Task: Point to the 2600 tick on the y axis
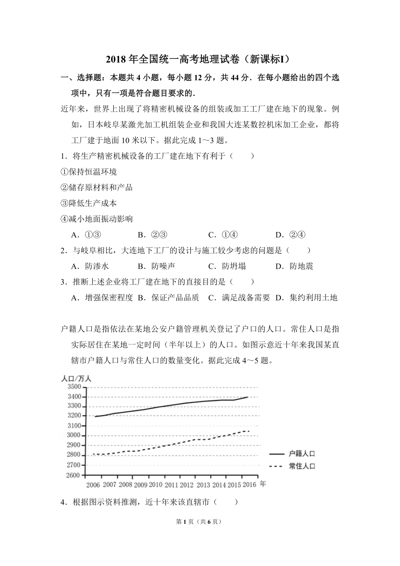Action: click(x=73, y=475)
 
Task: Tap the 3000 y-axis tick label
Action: click(x=73, y=435)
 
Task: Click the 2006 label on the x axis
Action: click(x=93, y=485)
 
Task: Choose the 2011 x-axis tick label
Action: click(x=171, y=485)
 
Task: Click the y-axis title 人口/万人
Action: click(x=76, y=378)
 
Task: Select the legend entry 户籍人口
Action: click(x=301, y=454)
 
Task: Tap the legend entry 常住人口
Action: click(x=301, y=466)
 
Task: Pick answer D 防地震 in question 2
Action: click(x=294, y=266)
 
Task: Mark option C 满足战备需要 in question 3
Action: click(x=239, y=298)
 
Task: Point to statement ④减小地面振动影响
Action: click(x=97, y=219)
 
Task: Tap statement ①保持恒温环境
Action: click(x=89, y=172)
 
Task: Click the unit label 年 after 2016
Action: click(x=263, y=484)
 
